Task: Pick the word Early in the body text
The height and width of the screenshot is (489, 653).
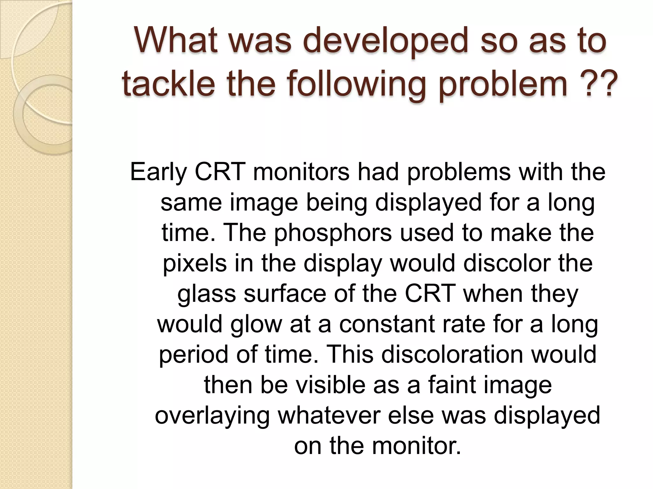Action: (158, 172)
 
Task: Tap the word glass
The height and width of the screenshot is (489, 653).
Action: (207, 294)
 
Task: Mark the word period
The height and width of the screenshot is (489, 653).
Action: (193, 355)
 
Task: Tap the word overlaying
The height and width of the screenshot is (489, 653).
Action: (212, 416)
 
